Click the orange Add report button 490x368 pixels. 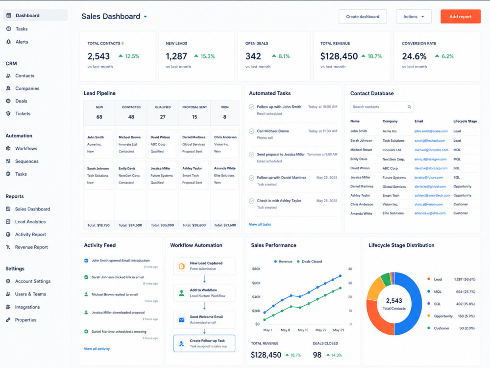(x=460, y=17)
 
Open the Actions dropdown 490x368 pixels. (x=414, y=17)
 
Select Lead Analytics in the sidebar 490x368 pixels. (x=30, y=222)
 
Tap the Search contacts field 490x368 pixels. (x=382, y=107)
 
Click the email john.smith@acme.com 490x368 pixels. (x=431, y=131)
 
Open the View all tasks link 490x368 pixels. (x=260, y=224)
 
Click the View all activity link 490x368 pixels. (x=97, y=348)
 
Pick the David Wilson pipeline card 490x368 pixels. (x=163, y=144)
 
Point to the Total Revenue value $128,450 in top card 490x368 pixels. (x=339, y=56)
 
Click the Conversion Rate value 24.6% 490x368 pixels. (x=414, y=56)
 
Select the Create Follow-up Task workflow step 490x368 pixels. (x=204, y=343)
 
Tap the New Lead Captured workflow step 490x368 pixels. (x=204, y=266)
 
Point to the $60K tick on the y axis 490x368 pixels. (x=256, y=283)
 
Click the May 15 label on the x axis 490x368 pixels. (x=303, y=330)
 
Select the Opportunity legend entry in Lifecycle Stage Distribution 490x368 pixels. (x=443, y=316)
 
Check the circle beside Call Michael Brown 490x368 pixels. (x=251, y=131)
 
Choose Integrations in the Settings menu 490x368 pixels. (x=27, y=307)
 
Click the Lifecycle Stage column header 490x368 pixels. (x=465, y=121)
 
